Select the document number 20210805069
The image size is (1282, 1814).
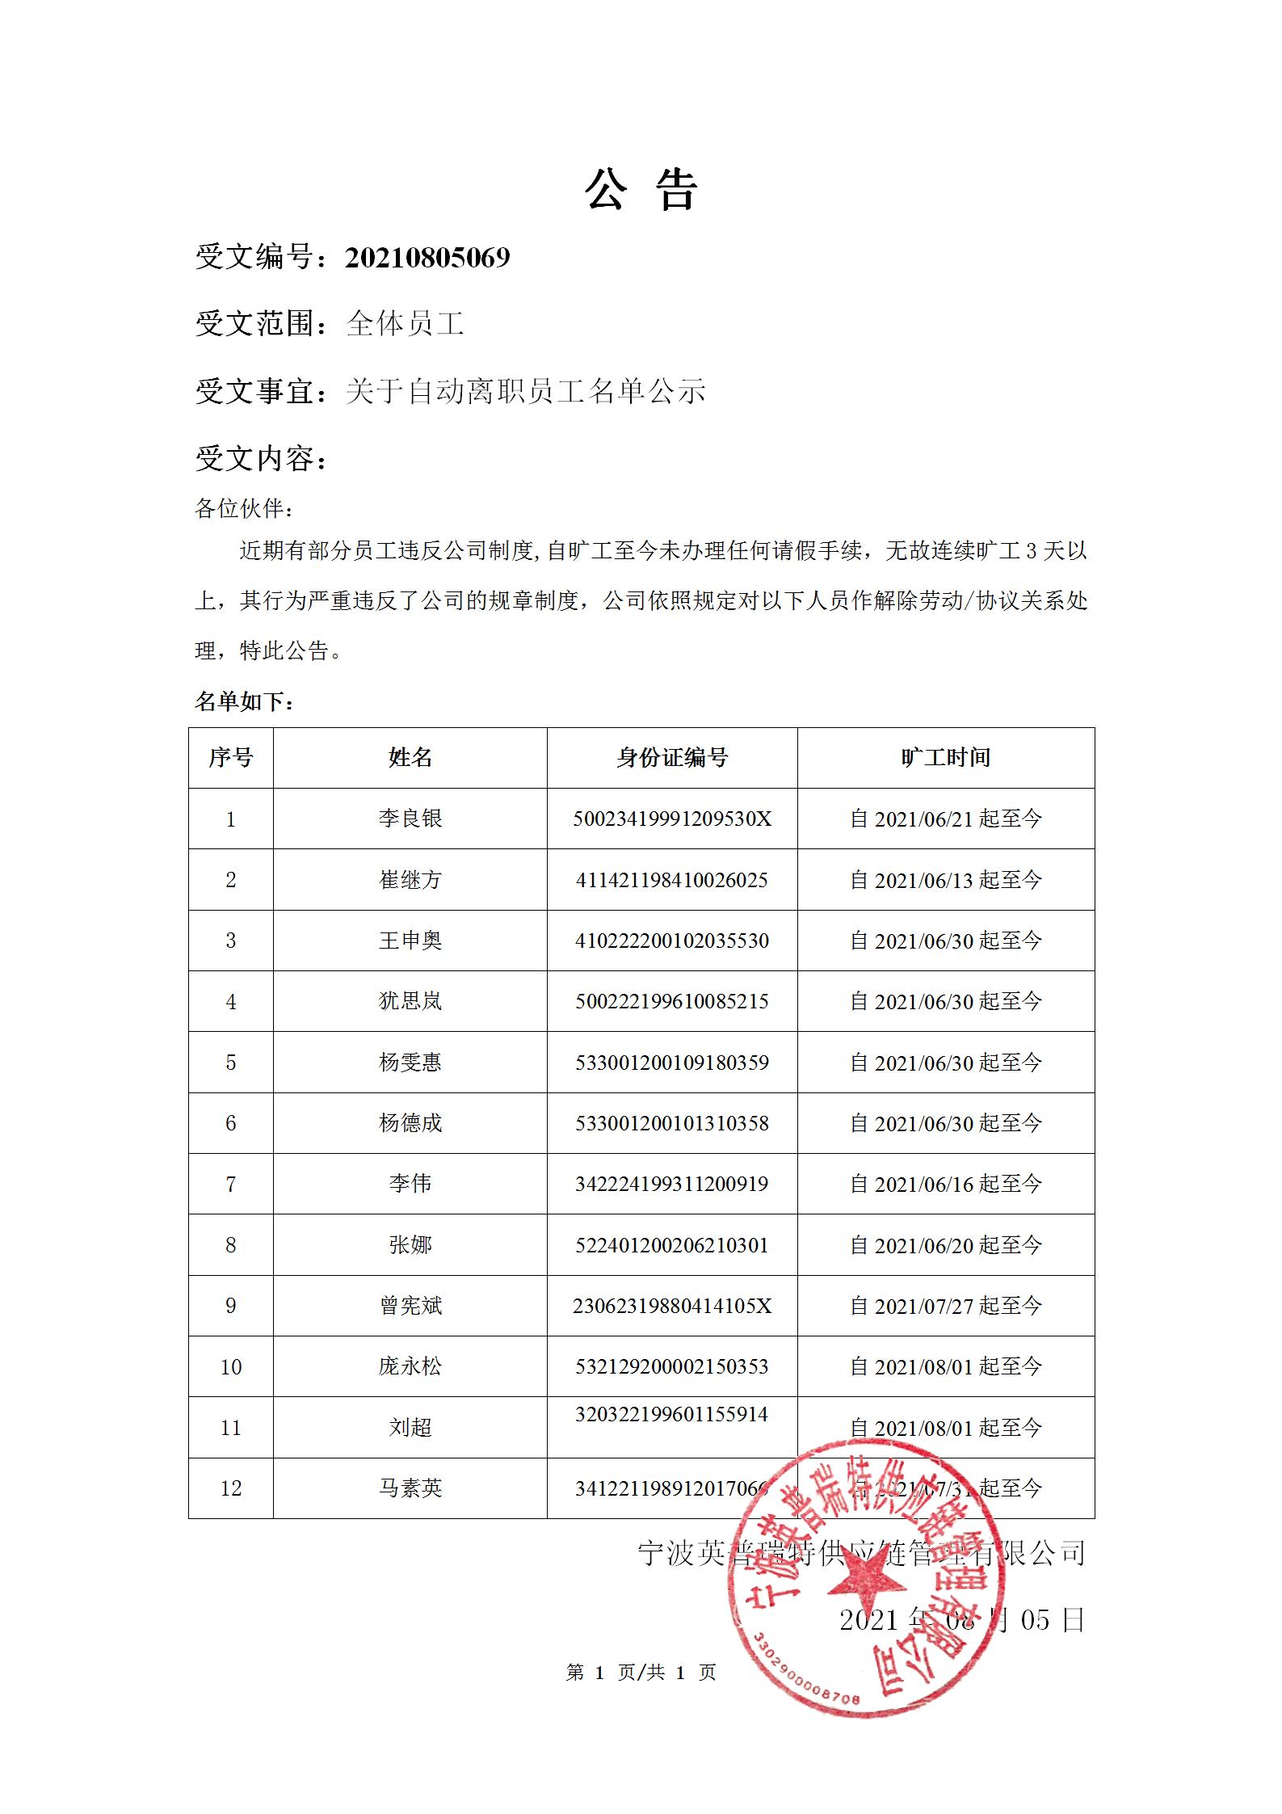(x=427, y=258)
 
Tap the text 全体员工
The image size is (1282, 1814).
(x=405, y=324)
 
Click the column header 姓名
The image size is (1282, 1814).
(x=410, y=757)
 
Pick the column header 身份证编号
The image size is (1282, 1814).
(x=672, y=757)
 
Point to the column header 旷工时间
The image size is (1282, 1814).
(x=945, y=757)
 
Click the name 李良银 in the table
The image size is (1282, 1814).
(x=410, y=819)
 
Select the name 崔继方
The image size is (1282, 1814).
(x=410, y=880)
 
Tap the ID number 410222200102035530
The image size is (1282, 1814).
(x=672, y=941)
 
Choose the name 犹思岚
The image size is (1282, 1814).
(x=410, y=1001)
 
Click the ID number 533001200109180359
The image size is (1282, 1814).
(x=672, y=1063)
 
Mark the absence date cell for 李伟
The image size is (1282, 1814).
(x=945, y=1184)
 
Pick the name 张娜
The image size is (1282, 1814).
(x=410, y=1245)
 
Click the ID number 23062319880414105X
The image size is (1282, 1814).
(x=672, y=1306)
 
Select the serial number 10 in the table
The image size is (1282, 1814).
(x=231, y=1367)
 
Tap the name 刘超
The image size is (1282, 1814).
(x=410, y=1428)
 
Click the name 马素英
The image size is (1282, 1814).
(x=410, y=1488)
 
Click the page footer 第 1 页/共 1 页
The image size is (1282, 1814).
(x=641, y=1673)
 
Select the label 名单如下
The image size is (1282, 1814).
(x=244, y=701)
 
